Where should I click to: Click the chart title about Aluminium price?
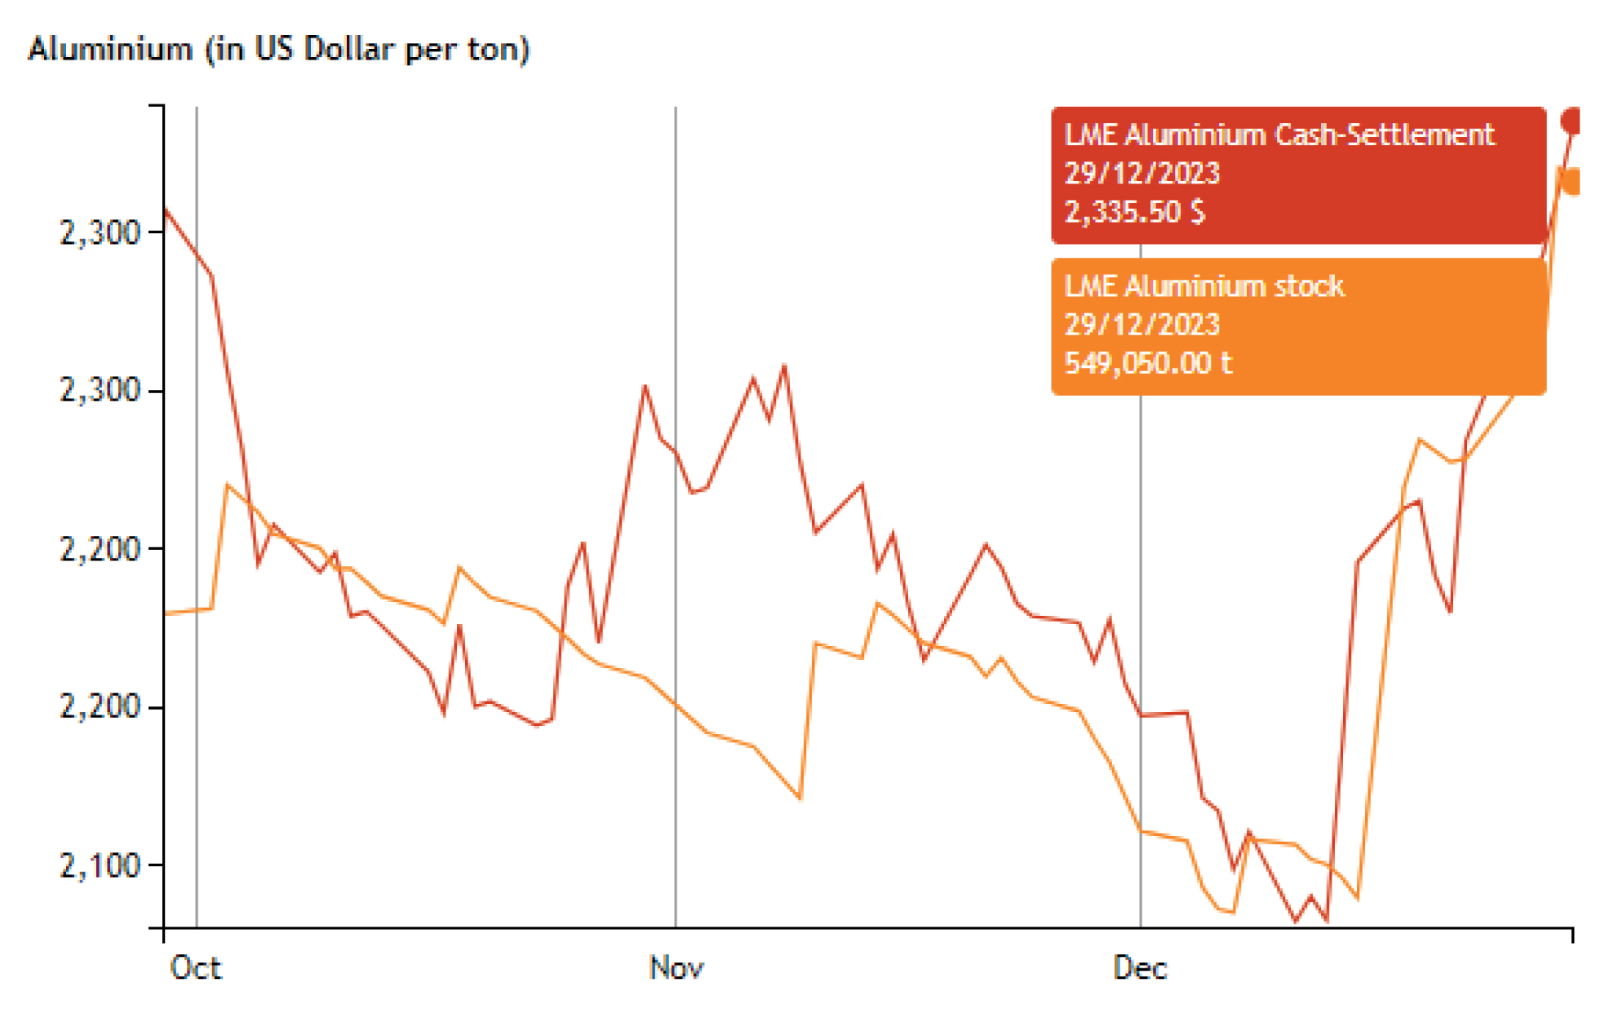tap(279, 50)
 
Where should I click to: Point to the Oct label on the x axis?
tap(196, 968)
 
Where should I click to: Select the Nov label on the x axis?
tap(676, 968)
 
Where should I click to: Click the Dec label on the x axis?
tap(1140, 968)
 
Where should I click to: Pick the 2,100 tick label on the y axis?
tap(100, 865)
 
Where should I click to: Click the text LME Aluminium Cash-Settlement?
tap(1279, 135)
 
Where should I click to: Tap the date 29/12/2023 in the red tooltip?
tap(1142, 173)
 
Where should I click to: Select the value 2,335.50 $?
tap(1135, 212)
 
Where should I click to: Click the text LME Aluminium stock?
tap(1204, 286)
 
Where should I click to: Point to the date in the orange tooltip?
tap(1142, 325)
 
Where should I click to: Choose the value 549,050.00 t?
tap(1148, 363)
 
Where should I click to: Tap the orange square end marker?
tap(1571, 181)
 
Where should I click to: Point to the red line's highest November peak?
tap(785, 365)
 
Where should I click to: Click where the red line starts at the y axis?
tap(166, 210)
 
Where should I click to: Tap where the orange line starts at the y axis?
tap(166, 613)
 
